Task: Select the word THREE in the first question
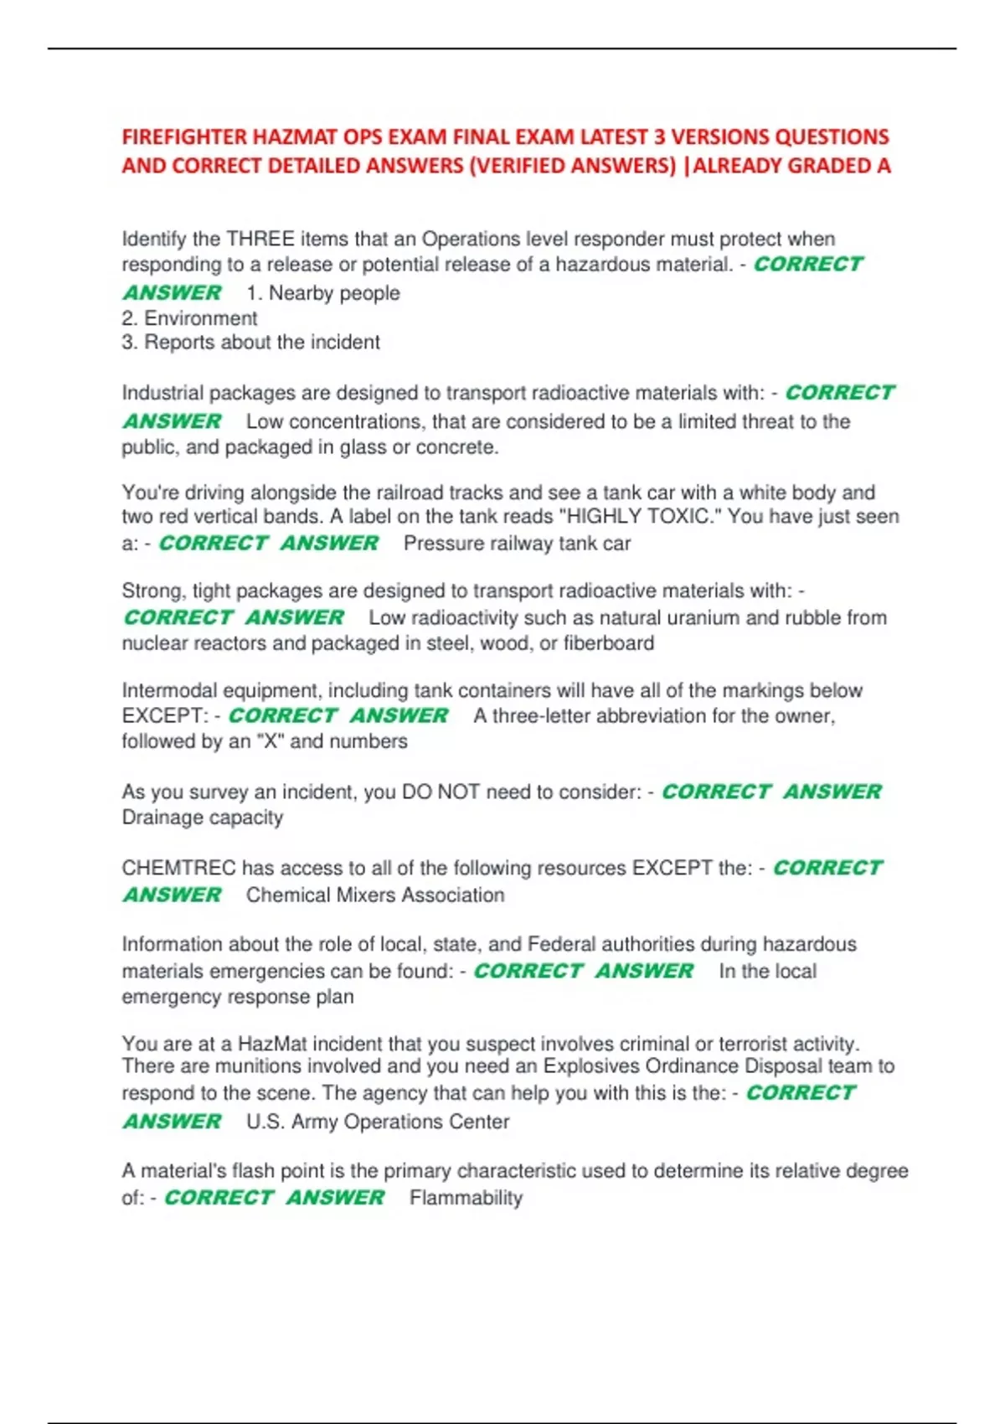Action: point(260,240)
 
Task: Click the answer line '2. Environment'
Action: point(189,318)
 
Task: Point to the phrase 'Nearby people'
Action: point(334,293)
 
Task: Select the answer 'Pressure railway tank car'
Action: point(517,544)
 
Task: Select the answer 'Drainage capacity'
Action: point(203,818)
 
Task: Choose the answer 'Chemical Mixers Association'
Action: point(375,895)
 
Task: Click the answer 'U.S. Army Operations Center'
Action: point(378,1122)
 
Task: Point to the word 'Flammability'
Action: point(466,1198)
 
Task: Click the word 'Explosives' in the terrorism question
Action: point(591,1066)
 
